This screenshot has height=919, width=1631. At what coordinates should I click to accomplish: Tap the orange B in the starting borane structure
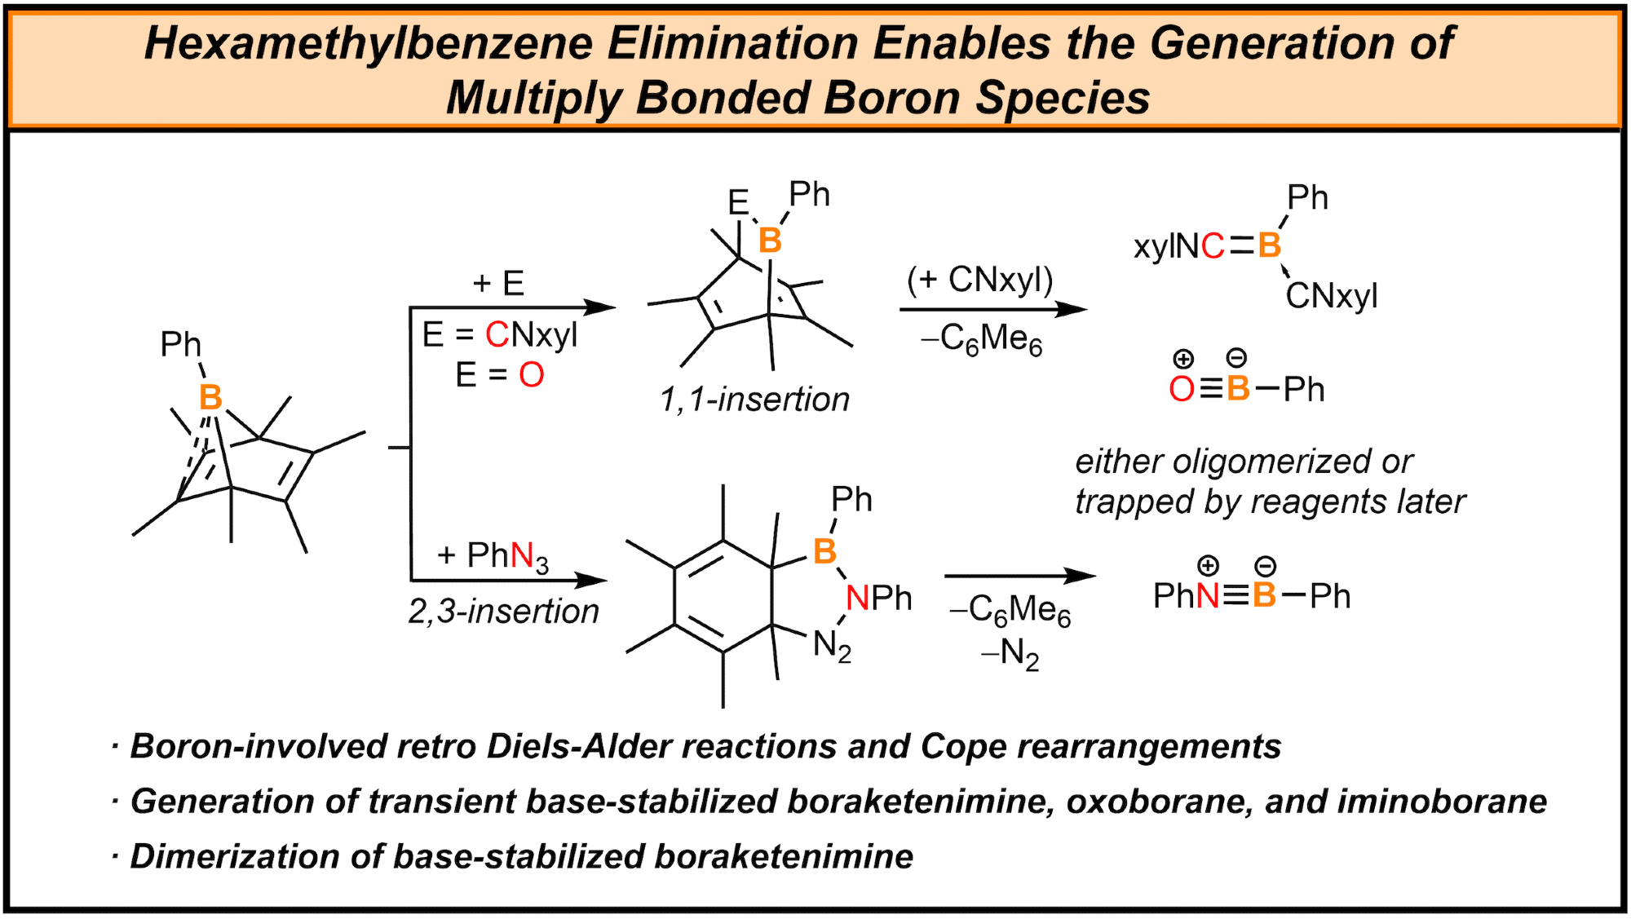(210, 398)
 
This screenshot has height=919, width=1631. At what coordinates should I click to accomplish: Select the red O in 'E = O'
(532, 375)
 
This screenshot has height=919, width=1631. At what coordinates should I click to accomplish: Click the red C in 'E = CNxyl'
(497, 334)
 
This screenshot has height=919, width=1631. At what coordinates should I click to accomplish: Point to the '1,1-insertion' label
(754, 400)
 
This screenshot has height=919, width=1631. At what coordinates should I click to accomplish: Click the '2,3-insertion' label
(503, 612)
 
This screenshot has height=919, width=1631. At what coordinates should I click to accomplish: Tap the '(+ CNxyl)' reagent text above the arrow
(980, 281)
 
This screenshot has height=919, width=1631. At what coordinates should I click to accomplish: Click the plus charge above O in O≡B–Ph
(1183, 359)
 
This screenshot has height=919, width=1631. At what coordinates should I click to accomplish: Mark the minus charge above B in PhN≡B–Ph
(1265, 566)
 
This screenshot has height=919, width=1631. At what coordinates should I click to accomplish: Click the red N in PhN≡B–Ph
(1208, 596)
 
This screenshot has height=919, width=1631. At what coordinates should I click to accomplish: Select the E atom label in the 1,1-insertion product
(738, 202)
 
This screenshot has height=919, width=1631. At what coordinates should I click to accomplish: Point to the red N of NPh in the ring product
(857, 599)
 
